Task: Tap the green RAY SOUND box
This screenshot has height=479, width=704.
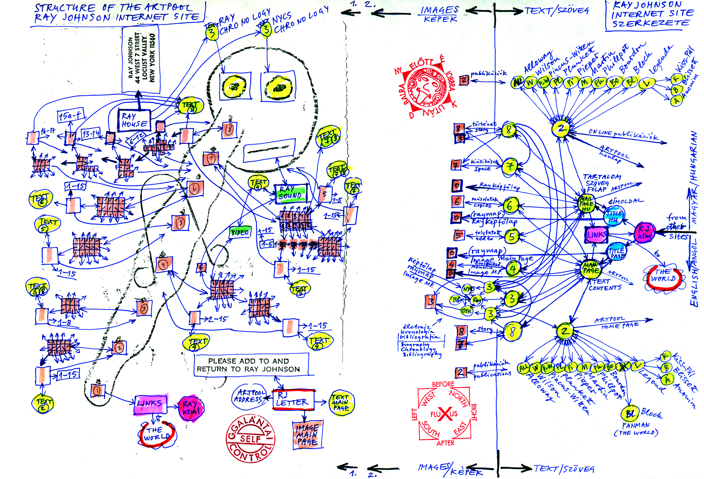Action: [291, 193]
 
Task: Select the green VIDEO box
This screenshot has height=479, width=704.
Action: [240, 232]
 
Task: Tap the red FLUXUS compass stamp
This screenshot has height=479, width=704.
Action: [444, 414]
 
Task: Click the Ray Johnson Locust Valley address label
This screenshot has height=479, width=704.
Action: [141, 59]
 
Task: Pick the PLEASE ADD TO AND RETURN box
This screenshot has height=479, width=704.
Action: [251, 365]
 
